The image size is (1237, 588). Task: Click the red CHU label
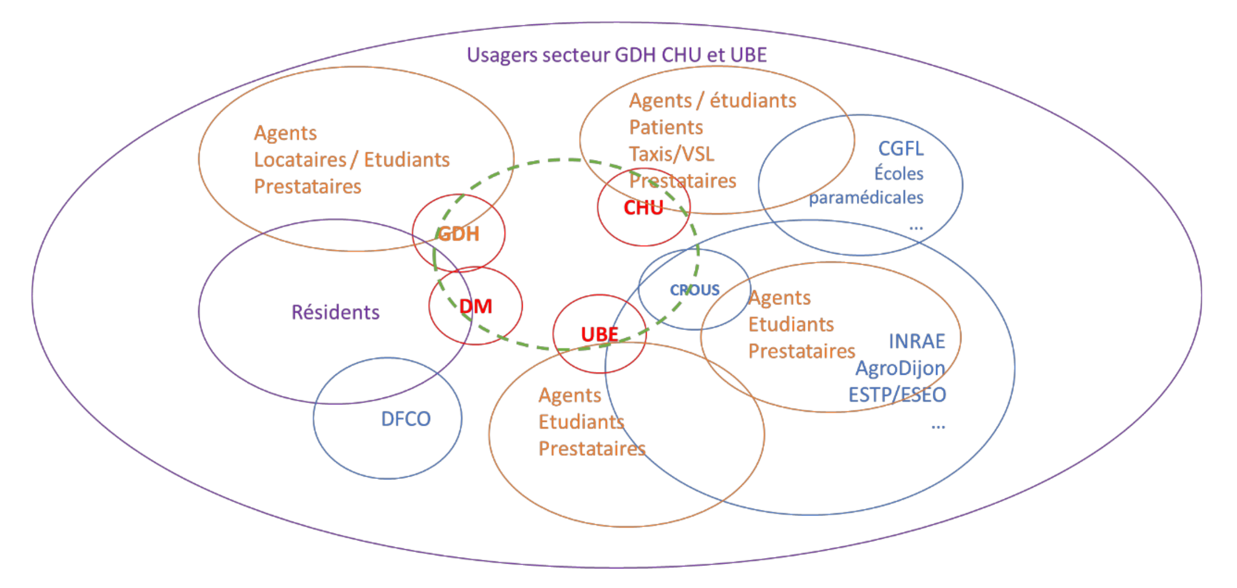643,208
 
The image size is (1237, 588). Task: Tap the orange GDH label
458,234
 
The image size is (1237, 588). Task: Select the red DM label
476,306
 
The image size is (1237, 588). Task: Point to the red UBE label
600,334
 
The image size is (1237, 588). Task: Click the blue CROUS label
695,290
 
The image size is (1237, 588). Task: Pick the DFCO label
406,419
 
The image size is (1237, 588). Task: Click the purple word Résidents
335,312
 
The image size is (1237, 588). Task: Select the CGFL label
901,148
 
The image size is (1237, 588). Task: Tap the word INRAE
917,341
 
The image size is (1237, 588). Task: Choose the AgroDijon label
900,368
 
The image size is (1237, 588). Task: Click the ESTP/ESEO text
897,395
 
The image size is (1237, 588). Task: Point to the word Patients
666,127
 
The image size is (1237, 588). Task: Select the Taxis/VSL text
672,154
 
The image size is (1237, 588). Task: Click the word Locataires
300,160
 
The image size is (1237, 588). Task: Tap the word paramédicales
866,198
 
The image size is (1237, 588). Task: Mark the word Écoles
898,173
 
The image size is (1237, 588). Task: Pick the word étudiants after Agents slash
753,101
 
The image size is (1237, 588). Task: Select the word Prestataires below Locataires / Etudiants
308,187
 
